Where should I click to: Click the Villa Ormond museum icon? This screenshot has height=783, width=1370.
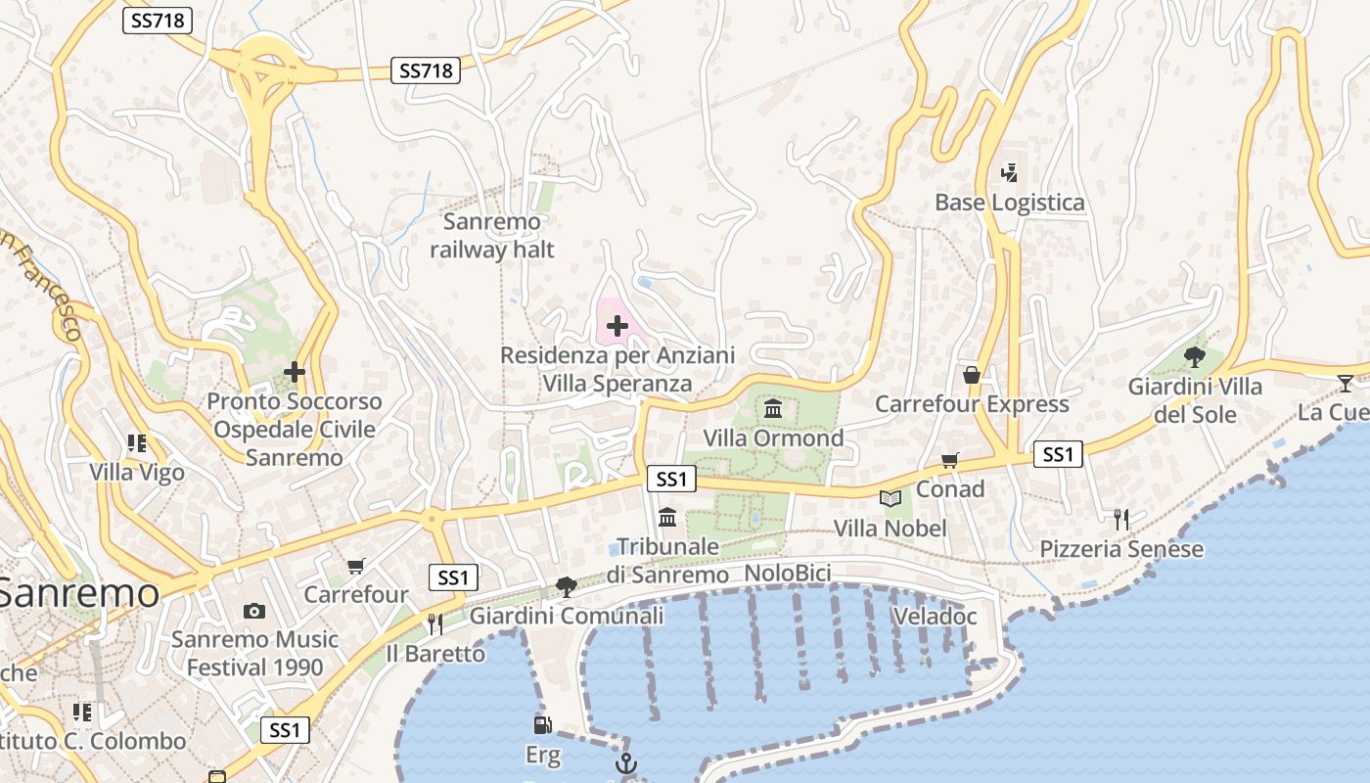point(773,408)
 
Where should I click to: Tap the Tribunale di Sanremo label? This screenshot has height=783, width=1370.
point(666,561)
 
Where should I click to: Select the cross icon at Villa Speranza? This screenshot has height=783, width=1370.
point(617,325)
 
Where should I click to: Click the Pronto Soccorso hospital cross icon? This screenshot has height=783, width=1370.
point(294,372)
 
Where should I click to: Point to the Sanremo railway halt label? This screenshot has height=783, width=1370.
point(492,236)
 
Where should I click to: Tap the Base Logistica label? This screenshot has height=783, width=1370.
point(1009,203)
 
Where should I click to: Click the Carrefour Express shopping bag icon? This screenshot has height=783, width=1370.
point(972,375)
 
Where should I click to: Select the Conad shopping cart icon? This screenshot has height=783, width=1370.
point(949,460)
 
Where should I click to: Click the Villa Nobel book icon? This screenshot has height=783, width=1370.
point(890,499)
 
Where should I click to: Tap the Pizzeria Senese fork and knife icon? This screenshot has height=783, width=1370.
point(1121,519)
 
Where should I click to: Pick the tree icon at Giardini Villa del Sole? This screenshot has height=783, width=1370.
point(1194,356)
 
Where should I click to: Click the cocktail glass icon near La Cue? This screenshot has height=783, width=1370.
point(1346,383)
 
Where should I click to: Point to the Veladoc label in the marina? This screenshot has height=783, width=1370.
point(935,617)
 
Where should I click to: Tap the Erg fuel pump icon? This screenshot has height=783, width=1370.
point(542,725)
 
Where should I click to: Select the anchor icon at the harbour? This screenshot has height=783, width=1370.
point(625,763)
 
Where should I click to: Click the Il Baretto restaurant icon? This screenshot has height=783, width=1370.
point(435,623)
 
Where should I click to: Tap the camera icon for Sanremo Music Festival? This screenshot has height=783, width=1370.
point(254,612)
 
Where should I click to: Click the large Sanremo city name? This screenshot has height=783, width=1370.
point(78,593)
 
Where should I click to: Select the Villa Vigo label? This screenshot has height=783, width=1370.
point(137,473)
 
